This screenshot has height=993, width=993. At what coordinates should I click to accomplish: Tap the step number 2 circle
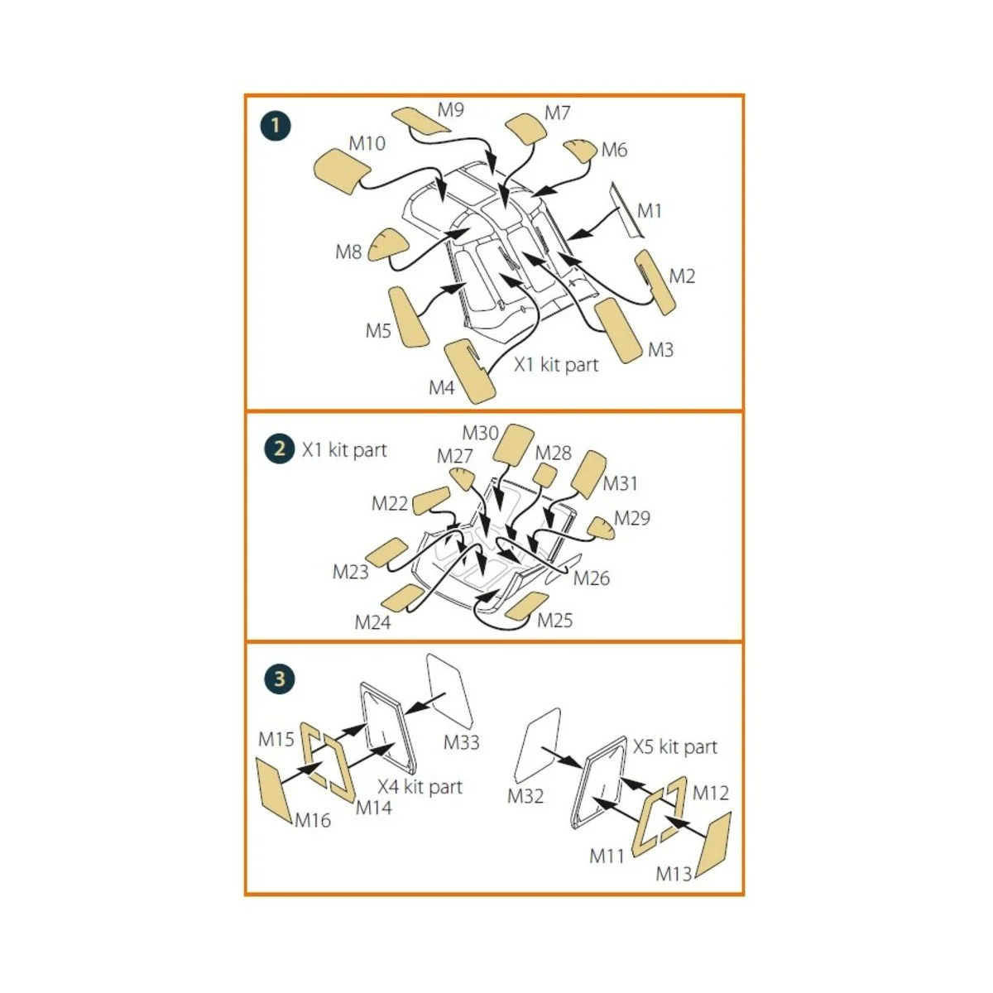[280, 449]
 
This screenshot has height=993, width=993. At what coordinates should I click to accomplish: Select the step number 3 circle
[280, 679]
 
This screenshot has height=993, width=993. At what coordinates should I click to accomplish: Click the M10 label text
[367, 143]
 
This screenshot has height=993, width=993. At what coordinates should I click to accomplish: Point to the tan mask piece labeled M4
[470, 371]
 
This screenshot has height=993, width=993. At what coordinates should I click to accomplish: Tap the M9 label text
[451, 110]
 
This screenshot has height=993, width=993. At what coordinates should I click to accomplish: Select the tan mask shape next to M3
[618, 331]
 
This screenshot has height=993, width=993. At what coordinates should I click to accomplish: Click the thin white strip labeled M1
[626, 210]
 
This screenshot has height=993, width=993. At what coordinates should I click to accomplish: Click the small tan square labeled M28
[544, 475]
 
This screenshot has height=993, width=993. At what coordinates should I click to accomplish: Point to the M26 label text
[591, 578]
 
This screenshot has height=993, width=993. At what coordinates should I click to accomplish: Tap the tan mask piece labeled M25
[526, 605]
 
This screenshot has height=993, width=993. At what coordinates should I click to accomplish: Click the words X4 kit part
[420, 787]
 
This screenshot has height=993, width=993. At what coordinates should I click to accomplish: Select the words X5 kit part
[675, 746]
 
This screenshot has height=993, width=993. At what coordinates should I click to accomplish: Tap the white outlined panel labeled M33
[449, 689]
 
